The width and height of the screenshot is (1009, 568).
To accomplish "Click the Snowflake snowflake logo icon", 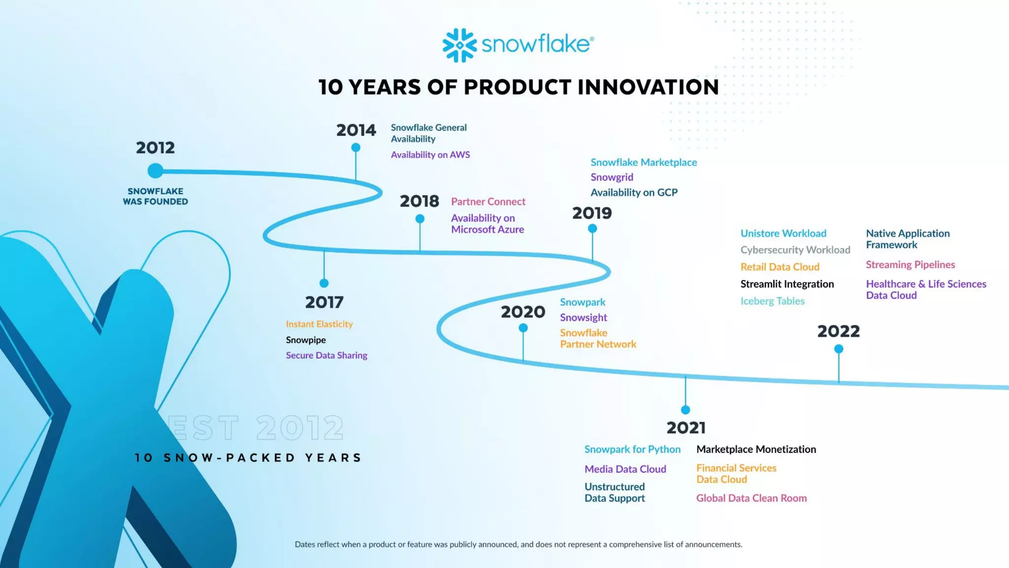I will pos(459,45).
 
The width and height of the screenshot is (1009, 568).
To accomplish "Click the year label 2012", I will pos(155,147).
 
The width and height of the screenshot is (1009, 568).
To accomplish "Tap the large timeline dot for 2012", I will pos(155,171).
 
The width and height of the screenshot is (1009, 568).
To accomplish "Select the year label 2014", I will pos(356,130).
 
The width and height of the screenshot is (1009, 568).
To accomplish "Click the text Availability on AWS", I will pos(430,155).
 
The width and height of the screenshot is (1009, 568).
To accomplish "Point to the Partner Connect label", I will pos(488,202).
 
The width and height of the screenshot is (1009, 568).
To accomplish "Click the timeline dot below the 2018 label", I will pos(420,218).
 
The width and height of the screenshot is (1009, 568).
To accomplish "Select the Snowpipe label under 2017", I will pos(305,340).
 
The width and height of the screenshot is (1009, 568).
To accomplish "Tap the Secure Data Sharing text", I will pos(326,355).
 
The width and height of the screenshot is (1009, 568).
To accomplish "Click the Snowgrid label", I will pos(612,177).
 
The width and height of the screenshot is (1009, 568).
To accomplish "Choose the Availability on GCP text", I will pos(634,192).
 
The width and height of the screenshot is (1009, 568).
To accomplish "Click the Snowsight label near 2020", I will pos(583,318).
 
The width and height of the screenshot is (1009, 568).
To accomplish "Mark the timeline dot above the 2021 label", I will pos(685,410).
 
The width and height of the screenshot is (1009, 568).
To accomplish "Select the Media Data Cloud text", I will pos(625,469).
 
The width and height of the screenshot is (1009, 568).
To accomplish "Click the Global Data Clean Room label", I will pos(751,498).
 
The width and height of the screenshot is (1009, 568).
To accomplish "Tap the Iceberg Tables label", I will pos(772,301).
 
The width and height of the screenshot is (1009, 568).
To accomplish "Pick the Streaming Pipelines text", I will pos(910,265).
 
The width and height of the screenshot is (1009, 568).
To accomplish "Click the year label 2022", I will pos(838,331).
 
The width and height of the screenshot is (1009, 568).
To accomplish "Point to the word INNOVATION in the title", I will pos(648,87).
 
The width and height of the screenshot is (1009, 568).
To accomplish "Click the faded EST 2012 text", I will pos(256,427).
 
